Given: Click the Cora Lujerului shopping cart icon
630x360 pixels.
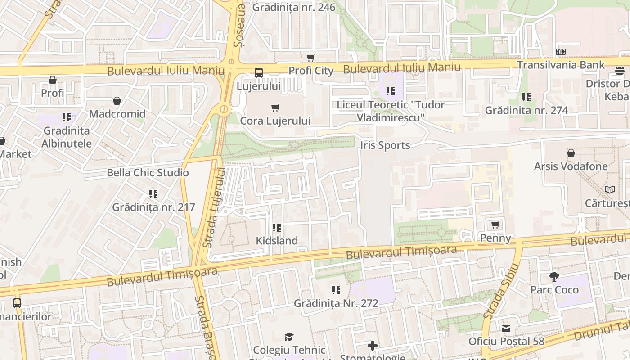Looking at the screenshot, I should tap(275, 108).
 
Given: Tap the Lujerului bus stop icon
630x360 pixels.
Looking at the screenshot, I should tap(259, 72).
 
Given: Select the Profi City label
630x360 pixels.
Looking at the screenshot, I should tap(311, 71).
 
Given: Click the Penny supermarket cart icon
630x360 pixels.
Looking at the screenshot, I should tap(495, 225).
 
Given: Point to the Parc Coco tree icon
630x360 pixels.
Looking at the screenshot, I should tap(554, 276).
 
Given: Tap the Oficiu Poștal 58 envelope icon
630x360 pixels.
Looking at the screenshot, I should tap(506, 328).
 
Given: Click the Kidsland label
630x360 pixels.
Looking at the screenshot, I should tap(277, 241).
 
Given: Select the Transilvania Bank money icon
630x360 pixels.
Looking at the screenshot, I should tap(560, 52).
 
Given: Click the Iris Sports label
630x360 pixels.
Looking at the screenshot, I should tap(385, 145).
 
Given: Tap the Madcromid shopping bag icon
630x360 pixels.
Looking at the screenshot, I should tap(117, 101).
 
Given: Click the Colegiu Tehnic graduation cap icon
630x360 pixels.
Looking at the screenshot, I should tap(289, 337).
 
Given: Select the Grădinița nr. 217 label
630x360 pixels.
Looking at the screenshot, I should tap(153, 207).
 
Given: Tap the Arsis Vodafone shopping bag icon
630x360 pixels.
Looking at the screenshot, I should tap(571, 153).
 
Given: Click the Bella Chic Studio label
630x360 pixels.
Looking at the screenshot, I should tap(148, 173).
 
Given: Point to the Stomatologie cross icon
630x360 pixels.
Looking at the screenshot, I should tap(373, 346).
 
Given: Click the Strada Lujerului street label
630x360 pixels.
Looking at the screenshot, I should tap(214, 207).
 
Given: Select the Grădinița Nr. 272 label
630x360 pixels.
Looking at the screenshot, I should tap(336, 303).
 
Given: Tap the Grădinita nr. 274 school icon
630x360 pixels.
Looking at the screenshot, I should tap(526, 97).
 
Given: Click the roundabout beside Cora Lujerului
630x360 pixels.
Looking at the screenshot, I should tap(224, 109).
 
